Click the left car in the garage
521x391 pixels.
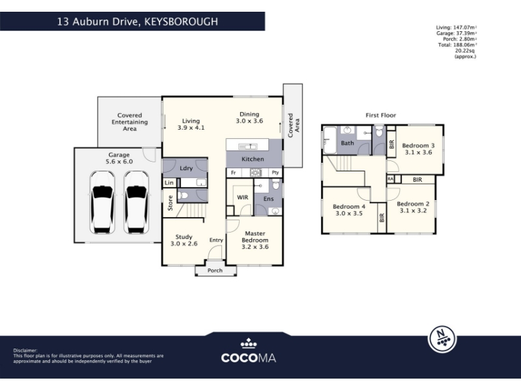102,203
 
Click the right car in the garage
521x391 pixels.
136,203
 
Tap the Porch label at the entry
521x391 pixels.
215,270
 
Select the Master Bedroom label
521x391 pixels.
255,237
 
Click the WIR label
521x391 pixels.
242,197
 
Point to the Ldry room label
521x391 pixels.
186,168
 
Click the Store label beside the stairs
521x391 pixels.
170,203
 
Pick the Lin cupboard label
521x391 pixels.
169,182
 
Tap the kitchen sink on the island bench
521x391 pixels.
247,146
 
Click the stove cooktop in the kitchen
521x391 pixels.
256,173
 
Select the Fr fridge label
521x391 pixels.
233,173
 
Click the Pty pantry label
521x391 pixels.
275,173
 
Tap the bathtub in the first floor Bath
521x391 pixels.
330,140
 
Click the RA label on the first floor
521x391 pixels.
390,179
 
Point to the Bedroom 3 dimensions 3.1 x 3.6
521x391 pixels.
418,152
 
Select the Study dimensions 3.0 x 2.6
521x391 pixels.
184,243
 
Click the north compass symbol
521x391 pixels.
442,339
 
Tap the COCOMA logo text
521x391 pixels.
249,358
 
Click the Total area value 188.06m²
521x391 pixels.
465,45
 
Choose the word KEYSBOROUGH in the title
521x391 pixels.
182,22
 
